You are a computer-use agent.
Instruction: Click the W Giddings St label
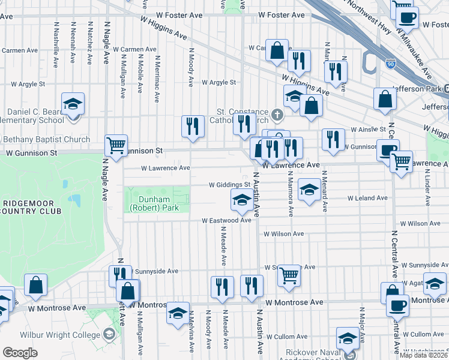pyautogui.click(x=229, y=185)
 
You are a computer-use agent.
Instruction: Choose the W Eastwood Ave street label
pyautogui.click(x=226, y=221)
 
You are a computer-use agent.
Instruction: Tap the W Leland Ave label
pyautogui.click(x=367, y=198)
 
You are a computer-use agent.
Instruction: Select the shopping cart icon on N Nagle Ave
pyautogui.click(x=116, y=145)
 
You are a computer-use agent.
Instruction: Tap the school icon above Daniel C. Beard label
pyautogui.click(x=73, y=104)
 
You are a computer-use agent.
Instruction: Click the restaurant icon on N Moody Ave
pyautogui.click(x=192, y=126)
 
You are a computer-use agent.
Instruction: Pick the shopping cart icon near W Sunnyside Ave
pyautogui.click(x=289, y=275)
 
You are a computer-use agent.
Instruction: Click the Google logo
pyautogui.click(x=20, y=352)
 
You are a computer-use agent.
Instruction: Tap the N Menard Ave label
pyautogui.click(x=324, y=191)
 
